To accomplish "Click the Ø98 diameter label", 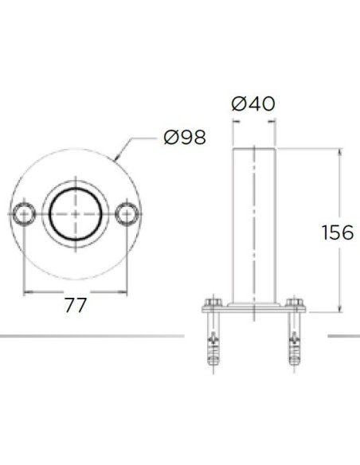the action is coord(185,137).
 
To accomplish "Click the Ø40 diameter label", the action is coord(253,104).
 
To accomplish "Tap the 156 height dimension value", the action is coord(338,232).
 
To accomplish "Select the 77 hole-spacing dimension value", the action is coord(76,305).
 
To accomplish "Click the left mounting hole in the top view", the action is coord(23,214).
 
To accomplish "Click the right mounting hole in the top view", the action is coord(127,214).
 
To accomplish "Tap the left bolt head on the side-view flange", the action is coord(213,303).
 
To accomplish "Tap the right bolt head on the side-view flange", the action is coord(295,303).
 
